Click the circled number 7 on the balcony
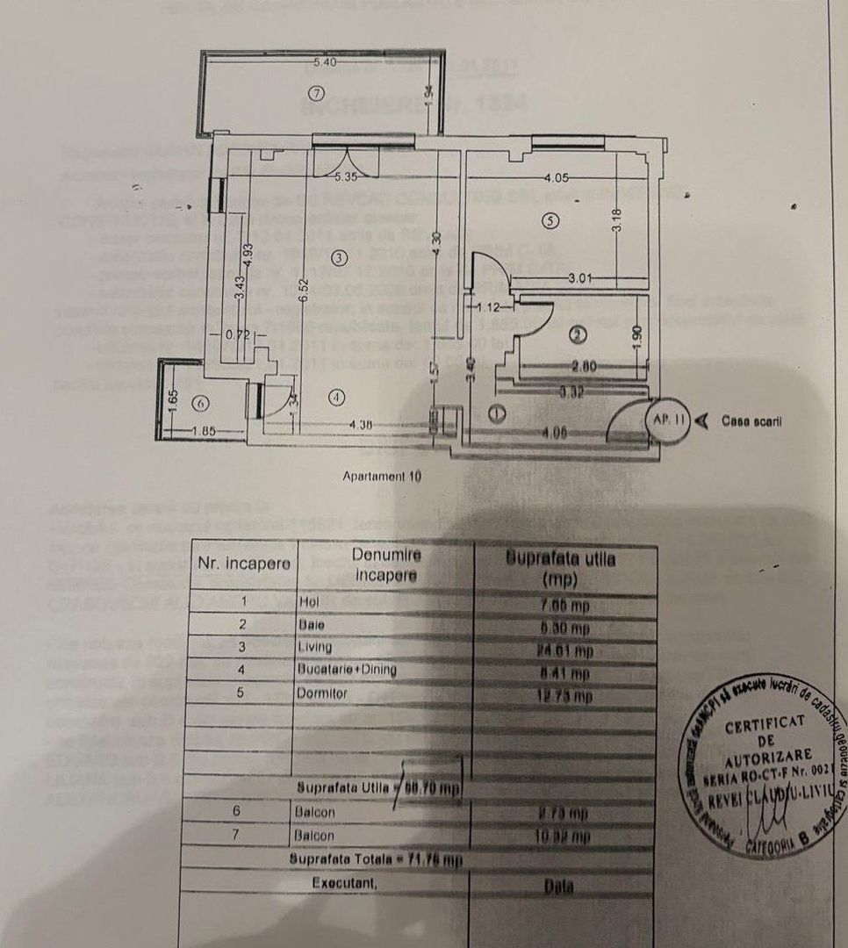(318, 93)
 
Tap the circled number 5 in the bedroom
(550, 221)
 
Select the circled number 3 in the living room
(341, 257)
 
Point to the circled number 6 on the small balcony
(200, 403)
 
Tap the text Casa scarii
(752, 420)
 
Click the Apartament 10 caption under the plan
(382, 477)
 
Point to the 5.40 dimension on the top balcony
(324, 62)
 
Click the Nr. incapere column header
(243, 563)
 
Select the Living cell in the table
(315, 648)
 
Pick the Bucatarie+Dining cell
(346, 671)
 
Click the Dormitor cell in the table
(322, 693)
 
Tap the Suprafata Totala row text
(375, 858)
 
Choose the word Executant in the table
(345, 883)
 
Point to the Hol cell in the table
(306, 601)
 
